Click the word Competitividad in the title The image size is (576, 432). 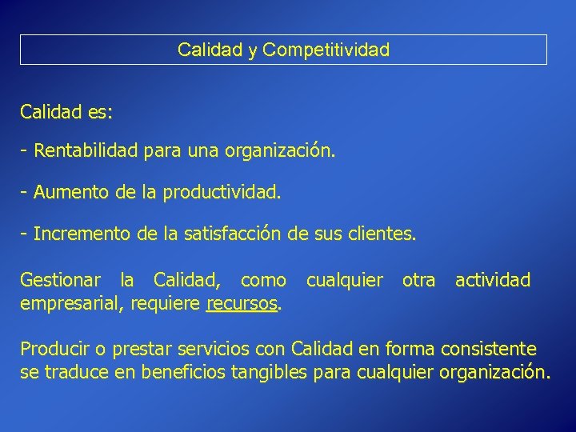click(x=326, y=50)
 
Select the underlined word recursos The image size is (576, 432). click(x=242, y=303)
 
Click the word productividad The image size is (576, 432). click(x=222, y=193)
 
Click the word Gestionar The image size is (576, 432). click(x=60, y=280)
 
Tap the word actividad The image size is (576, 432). click(x=492, y=280)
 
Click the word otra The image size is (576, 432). click(x=418, y=280)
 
